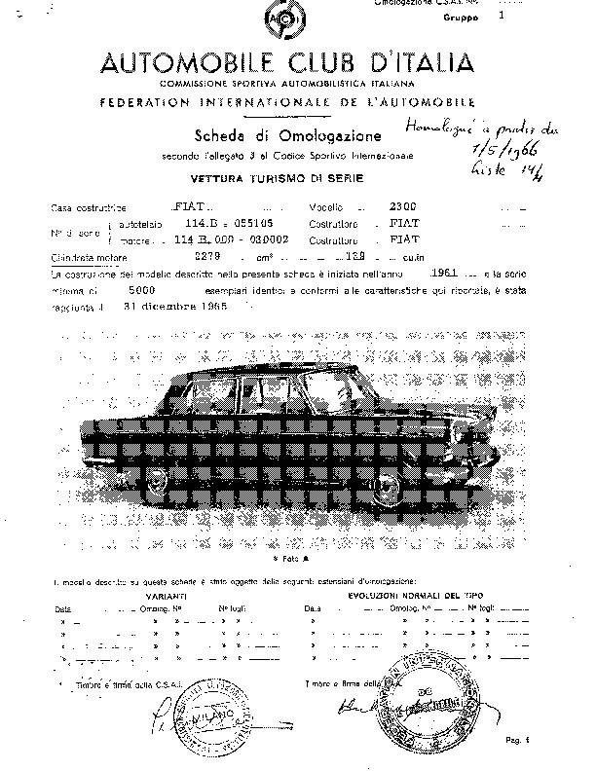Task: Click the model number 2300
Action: [400, 207]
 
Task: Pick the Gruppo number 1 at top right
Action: [502, 17]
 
